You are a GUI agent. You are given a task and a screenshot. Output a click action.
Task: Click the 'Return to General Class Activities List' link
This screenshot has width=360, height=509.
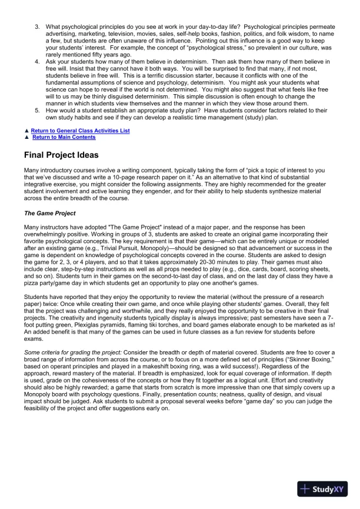point(80,130)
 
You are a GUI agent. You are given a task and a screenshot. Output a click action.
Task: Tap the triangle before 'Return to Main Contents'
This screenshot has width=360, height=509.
point(26,137)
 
